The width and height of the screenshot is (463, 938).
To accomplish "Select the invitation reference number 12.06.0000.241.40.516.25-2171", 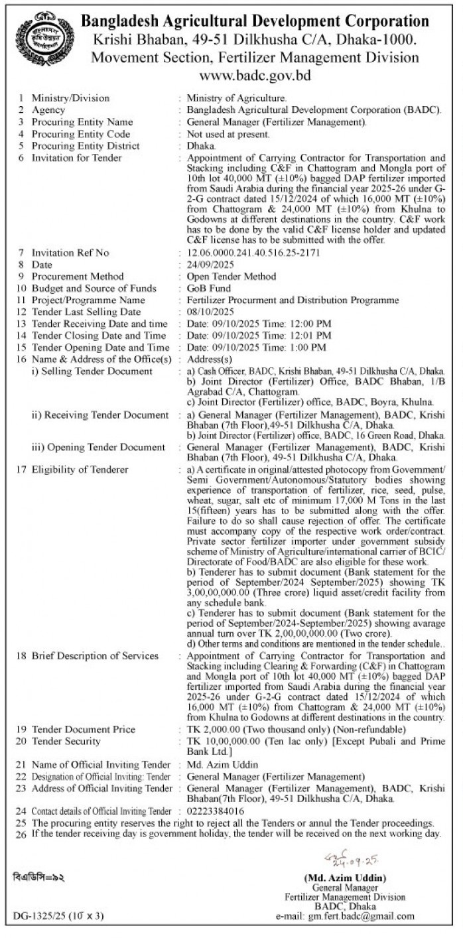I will (x=255, y=253).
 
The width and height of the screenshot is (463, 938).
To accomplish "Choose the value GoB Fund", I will (x=209, y=288).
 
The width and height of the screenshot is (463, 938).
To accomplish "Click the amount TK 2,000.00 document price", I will (x=211, y=729).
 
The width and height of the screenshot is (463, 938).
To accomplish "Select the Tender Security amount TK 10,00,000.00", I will (x=218, y=741).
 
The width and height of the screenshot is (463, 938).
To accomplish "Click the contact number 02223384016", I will (x=216, y=811).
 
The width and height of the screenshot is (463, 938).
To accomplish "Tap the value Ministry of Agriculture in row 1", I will (x=237, y=98).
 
